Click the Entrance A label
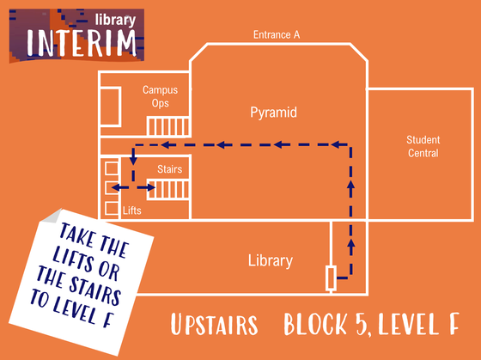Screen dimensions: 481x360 point(277,34)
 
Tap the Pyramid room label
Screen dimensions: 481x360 point(273,113)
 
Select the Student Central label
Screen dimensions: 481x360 point(423,146)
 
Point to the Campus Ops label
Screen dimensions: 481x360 point(160,96)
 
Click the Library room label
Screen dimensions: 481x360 point(271,260)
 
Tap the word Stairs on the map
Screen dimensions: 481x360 point(170,169)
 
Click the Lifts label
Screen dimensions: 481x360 point(132,211)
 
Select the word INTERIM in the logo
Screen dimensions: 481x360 point(82,43)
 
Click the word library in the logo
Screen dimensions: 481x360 point(115,21)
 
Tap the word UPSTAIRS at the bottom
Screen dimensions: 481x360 point(214,325)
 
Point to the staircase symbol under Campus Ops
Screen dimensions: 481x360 point(168,126)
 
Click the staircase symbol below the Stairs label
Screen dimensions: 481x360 point(168,189)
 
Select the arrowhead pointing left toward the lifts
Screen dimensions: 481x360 point(116,187)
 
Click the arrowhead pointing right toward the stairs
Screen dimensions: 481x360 point(151,187)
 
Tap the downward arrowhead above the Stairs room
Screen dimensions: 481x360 point(133,161)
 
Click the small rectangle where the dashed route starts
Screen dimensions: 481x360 point(331,278)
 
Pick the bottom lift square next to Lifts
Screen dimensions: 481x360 point(112,209)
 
